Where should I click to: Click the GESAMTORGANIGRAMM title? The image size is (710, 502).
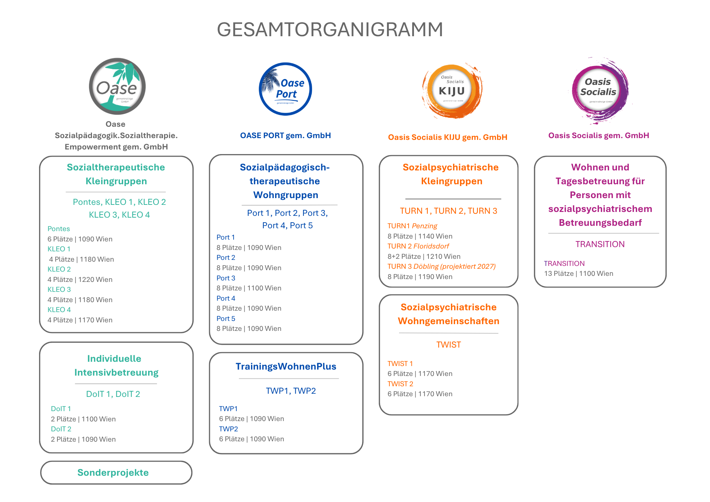pos(330,29)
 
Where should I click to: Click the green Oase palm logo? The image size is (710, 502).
pos(117,86)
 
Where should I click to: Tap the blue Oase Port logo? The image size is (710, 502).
pos(285,89)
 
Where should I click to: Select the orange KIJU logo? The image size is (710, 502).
pos(452,91)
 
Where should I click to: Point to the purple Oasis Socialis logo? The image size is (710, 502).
pos(600,90)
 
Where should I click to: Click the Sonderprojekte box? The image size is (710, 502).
pos(116,473)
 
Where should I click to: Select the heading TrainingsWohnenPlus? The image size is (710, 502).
pos(286,366)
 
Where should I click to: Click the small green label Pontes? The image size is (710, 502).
pos(59,229)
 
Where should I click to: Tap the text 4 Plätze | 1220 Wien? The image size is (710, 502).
pos(80,279)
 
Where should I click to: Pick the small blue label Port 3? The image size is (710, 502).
pos(226,278)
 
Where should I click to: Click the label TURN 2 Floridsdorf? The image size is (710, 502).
pos(418,246)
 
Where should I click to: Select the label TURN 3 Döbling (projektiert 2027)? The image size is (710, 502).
pos(442,266)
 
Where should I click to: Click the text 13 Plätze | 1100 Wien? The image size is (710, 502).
pos(579,273)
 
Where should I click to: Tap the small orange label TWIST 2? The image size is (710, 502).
pos(400,384)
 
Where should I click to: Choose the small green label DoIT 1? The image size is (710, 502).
pos(61,409)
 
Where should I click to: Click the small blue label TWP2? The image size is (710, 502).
pos(229,429)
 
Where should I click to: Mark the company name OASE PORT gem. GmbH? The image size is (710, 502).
pos(285,135)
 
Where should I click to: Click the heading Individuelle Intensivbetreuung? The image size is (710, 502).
pos(116,365)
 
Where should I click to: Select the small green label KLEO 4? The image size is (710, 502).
pos(59,310)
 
